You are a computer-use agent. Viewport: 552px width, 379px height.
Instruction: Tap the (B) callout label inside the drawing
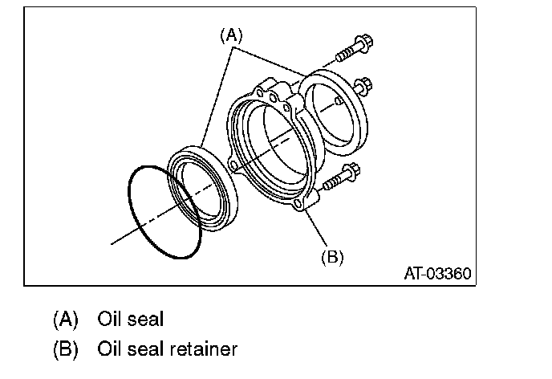pos(332,257)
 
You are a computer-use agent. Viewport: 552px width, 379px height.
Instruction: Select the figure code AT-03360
pos(437,273)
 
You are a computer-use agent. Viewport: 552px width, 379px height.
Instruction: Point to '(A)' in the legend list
pos(66,320)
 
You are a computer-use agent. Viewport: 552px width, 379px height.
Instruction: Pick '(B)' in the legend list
pos(66,349)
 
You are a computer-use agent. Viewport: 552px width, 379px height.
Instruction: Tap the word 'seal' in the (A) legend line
pos(146,320)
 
